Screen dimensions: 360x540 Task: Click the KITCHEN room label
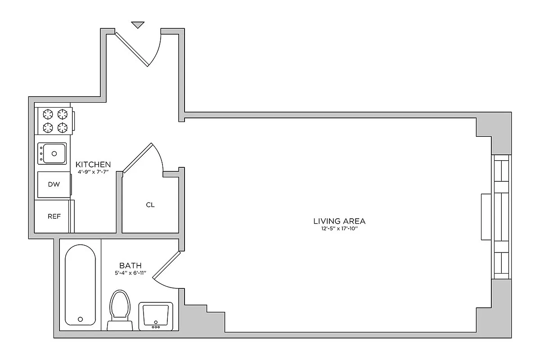click(x=93, y=164)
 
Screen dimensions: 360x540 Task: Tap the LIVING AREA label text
click(x=339, y=221)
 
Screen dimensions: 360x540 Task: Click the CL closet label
click(x=150, y=205)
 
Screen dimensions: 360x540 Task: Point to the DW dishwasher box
click(x=54, y=184)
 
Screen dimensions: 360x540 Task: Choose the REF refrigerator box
click(x=54, y=216)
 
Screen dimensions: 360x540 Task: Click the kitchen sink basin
click(x=53, y=153)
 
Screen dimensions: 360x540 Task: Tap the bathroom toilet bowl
click(x=120, y=304)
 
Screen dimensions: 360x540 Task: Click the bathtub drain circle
click(x=81, y=319)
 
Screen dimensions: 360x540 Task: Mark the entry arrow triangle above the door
click(x=138, y=25)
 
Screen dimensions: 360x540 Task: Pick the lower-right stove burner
click(x=63, y=127)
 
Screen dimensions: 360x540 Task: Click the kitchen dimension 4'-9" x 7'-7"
click(x=93, y=171)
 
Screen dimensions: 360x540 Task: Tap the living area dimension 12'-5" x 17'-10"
click(x=339, y=229)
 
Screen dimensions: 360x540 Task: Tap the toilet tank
click(x=120, y=325)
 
